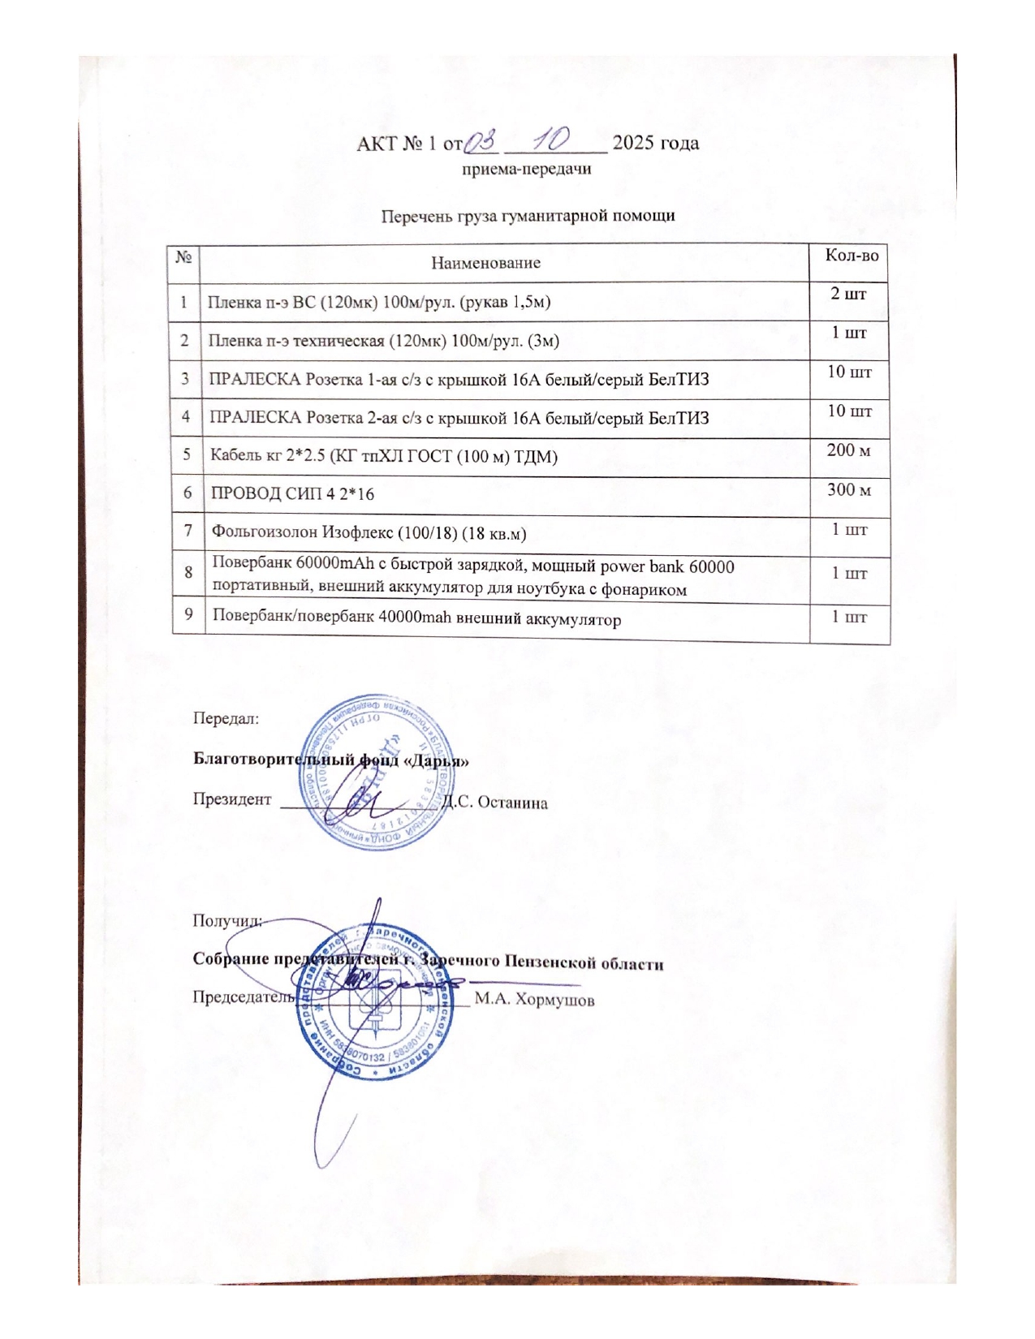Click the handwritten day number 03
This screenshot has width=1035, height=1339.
coord(480,140)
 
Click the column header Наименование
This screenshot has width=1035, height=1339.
coord(485,262)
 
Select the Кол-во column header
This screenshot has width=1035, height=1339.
coord(851,255)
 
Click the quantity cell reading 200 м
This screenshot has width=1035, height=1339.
coord(848,450)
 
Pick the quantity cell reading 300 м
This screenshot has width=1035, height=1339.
coord(849,489)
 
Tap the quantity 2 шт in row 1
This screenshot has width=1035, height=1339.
coord(848,293)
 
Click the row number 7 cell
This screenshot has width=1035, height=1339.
coord(188,531)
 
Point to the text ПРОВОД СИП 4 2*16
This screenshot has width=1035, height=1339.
coord(292,493)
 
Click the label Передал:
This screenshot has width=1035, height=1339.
coord(226,718)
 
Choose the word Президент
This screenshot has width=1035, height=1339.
coord(232,799)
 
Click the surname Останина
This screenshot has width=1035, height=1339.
coord(512,803)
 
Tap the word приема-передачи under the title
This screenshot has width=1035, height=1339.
coord(526,169)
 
